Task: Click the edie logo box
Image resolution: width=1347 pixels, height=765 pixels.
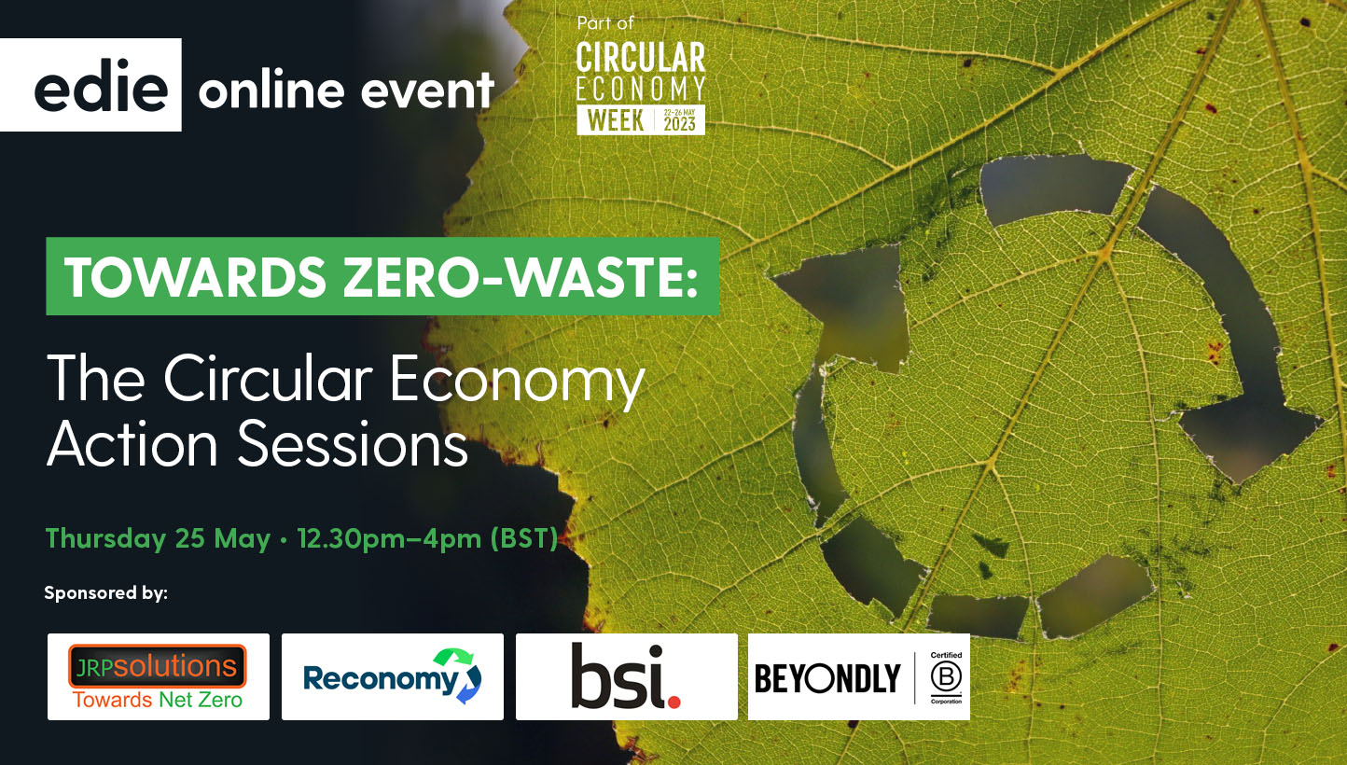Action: [90, 85]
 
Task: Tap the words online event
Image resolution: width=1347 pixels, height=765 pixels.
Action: [345, 90]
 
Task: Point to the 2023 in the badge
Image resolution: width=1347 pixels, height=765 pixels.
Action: [680, 124]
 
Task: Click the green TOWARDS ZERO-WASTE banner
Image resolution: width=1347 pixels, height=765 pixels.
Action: [382, 276]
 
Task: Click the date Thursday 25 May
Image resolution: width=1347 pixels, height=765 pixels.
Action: [158, 538]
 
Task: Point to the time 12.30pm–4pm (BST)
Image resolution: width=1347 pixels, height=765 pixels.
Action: [426, 538]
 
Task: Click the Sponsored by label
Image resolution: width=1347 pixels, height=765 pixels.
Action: [105, 592]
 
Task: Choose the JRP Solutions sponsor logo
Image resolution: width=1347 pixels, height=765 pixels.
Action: [158, 676]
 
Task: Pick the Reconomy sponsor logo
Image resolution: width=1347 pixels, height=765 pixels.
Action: [392, 676]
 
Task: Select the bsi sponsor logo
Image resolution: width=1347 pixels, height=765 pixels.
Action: [626, 676]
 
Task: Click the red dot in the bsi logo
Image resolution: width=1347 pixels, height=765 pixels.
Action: [674, 698]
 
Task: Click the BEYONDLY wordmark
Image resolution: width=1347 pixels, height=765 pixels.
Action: [827, 678]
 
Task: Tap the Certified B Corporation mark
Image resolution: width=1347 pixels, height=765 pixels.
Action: [945, 677]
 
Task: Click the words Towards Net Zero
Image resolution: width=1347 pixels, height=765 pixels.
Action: [158, 699]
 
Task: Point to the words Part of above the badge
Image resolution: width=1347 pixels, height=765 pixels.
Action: [605, 23]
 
